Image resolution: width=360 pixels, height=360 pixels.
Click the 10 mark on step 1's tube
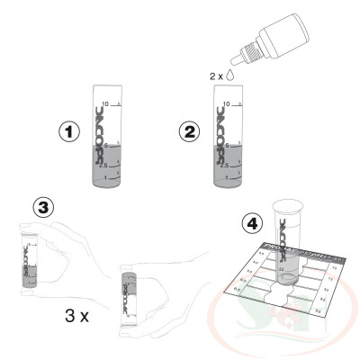pyautogui.click(x=106, y=103)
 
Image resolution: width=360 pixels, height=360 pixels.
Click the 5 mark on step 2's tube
pyautogui.click(x=224, y=146)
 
